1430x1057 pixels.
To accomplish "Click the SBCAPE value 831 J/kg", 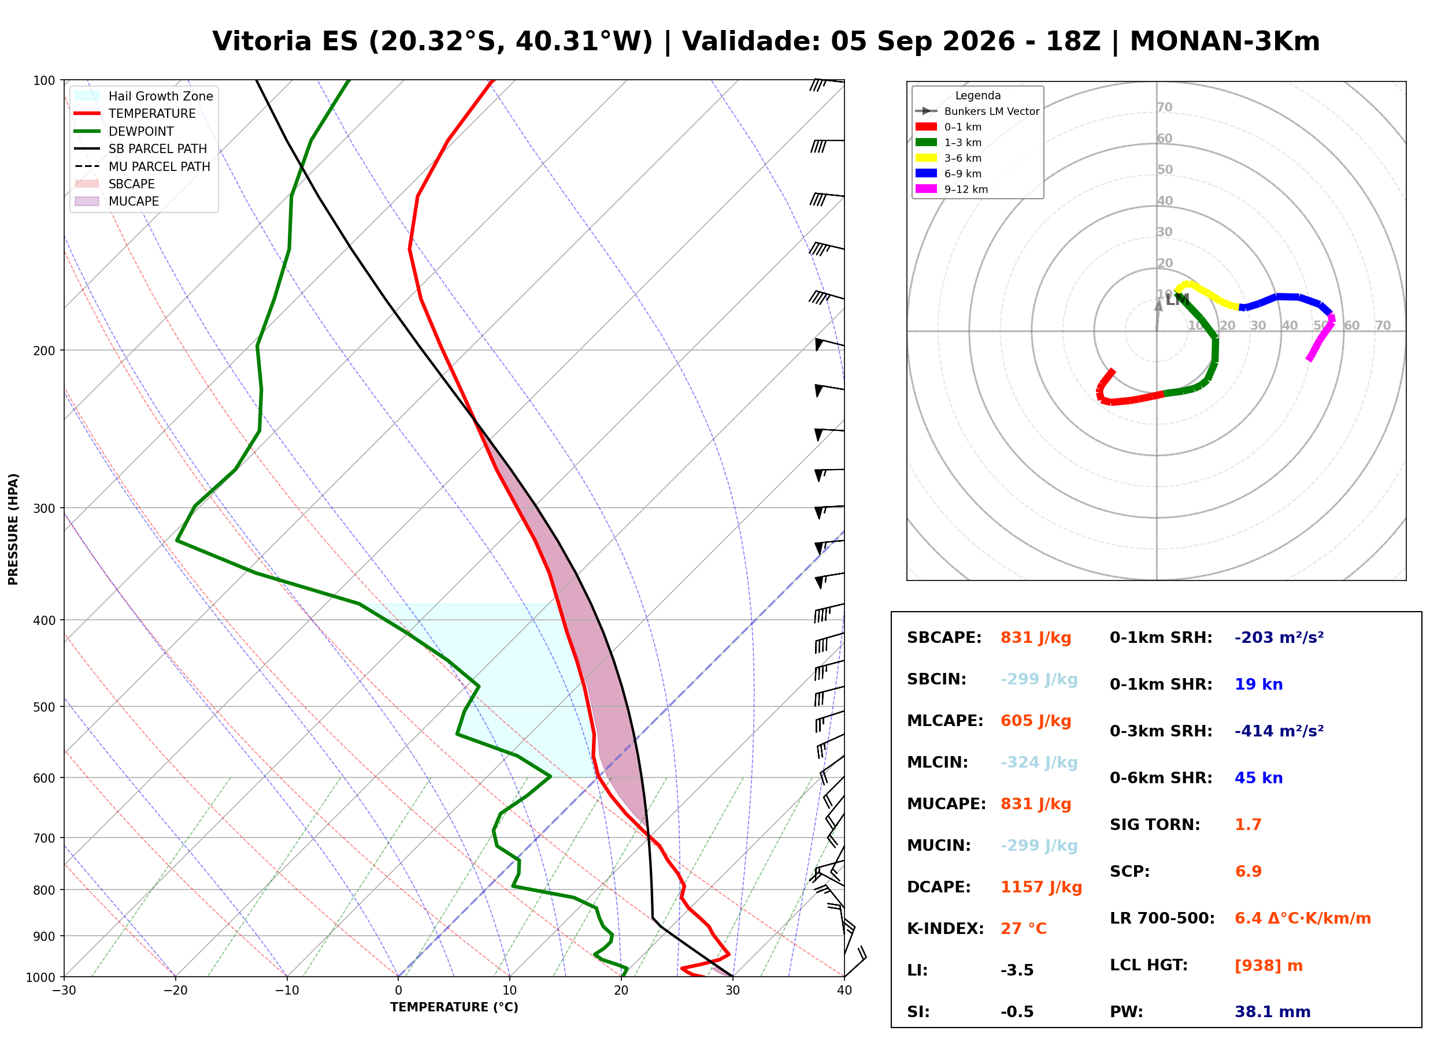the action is point(1036,638).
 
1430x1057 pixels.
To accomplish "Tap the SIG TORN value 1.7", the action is point(1247,825).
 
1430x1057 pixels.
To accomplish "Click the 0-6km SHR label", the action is point(1161,778).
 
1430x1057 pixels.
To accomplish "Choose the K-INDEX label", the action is point(945,929).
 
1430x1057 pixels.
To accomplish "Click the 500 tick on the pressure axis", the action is point(43,707).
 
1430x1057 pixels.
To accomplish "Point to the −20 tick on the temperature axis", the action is point(175,991).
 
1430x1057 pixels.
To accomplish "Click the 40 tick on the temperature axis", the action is point(844,991).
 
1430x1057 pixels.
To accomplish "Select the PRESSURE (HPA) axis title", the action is point(13,529).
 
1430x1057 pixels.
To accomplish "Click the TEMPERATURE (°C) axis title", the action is point(454,1008).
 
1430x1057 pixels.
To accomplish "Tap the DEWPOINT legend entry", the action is point(124,131).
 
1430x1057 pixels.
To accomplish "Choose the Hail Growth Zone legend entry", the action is point(143,96).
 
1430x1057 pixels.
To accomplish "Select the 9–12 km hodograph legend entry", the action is point(951,189).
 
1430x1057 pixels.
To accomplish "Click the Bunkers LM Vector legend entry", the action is point(977,111).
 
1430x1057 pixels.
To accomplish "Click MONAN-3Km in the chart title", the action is point(1225,42).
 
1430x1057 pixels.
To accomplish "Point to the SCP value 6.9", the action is point(1247,872).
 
